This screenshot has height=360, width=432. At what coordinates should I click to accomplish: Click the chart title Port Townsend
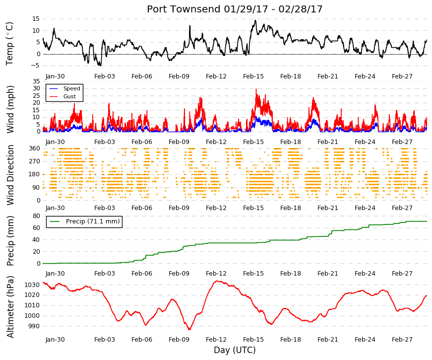pyautogui.click(x=184, y=9)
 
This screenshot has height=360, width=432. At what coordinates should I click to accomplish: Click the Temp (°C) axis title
pyautogui.click(x=9, y=44)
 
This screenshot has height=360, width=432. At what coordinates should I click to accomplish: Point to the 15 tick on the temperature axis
pyautogui.click(x=36, y=19)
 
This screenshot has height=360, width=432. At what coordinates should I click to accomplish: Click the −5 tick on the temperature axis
pyautogui.click(x=35, y=66)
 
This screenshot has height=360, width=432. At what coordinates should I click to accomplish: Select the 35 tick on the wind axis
pyautogui.click(x=36, y=81)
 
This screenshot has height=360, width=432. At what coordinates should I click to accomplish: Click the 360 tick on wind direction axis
pyautogui.click(x=34, y=148)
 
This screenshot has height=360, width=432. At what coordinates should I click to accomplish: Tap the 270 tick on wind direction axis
pyautogui.click(x=34, y=161)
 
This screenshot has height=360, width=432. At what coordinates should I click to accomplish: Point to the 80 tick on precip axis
pyautogui.click(x=36, y=216)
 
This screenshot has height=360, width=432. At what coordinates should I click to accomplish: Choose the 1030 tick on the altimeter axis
pyautogui.click(x=32, y=285)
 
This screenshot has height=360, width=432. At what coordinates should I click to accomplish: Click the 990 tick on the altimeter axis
pyautogui.click(x=34, y=326)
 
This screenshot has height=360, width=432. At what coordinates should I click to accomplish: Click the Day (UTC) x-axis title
pyautogui.click(x=235, y=351)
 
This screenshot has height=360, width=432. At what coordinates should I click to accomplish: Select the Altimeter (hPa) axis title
pyautogui.click(x=10, y=307)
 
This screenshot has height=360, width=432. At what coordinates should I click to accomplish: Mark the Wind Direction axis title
pyautogui.click(x=10, y=175)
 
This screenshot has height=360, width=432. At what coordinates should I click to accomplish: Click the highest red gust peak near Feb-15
pyautogui.click(x=256, y=89)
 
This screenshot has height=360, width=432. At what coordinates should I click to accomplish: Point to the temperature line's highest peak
pyautogui.click(x=255, y=20)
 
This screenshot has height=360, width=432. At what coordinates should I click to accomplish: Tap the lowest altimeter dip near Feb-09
pyautogui.click(x=189, y=329)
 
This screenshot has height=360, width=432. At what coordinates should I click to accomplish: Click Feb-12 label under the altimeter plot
pyautogui.click(x=216, y=340)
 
